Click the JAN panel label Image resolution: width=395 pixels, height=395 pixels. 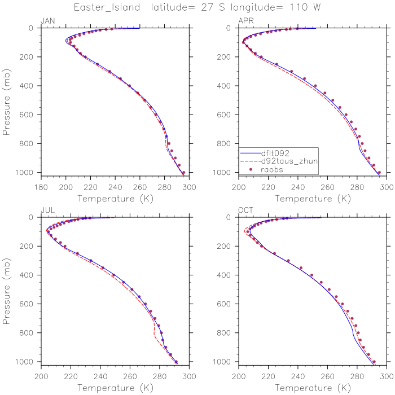[47, 21]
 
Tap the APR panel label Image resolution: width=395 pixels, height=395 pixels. [245, 21]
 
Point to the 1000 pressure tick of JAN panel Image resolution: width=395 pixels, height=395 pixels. [28, 172]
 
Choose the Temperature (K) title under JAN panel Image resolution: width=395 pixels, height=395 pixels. [115, 199]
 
